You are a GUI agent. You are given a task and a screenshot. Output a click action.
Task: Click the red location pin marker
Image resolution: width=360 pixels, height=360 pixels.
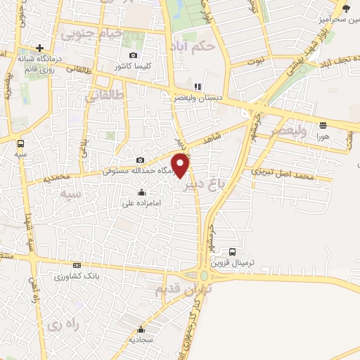click(181, 165)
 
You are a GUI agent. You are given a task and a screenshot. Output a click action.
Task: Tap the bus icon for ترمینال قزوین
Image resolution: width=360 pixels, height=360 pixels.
click(232, 251)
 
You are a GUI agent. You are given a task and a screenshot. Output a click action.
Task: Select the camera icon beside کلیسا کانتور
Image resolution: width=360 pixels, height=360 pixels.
click(134, 56)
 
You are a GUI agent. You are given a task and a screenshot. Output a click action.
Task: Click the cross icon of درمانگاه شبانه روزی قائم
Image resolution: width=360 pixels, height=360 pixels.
click(40, 48)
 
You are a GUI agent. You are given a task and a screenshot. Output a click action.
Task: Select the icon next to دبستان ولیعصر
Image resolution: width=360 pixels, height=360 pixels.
click(198, 87)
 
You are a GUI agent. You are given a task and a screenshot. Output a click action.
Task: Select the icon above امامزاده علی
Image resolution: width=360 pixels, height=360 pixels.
click(142, 193)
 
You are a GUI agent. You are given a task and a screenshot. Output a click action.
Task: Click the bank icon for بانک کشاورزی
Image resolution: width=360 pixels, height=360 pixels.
click(76, 265)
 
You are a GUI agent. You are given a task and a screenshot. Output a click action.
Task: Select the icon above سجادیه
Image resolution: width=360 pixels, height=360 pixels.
click(141, 329)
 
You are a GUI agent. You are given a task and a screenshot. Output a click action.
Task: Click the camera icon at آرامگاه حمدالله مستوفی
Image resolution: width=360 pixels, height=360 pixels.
click(140, 160)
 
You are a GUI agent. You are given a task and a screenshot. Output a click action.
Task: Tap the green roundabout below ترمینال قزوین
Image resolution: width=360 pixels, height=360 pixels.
click(205, 276)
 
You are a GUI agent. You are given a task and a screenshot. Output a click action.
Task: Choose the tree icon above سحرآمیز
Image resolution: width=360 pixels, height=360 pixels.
click(345, 8)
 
